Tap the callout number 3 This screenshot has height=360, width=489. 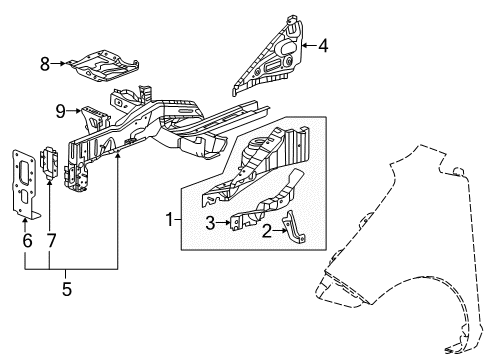pyautogui.click(x=211, y=223)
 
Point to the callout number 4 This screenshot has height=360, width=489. pyautogui.click(x=323, y=45)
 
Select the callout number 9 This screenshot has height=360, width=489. pyautogui.click(x=61, y=110)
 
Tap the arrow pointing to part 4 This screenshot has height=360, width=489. pyautogui.click(x=307, y=45)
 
